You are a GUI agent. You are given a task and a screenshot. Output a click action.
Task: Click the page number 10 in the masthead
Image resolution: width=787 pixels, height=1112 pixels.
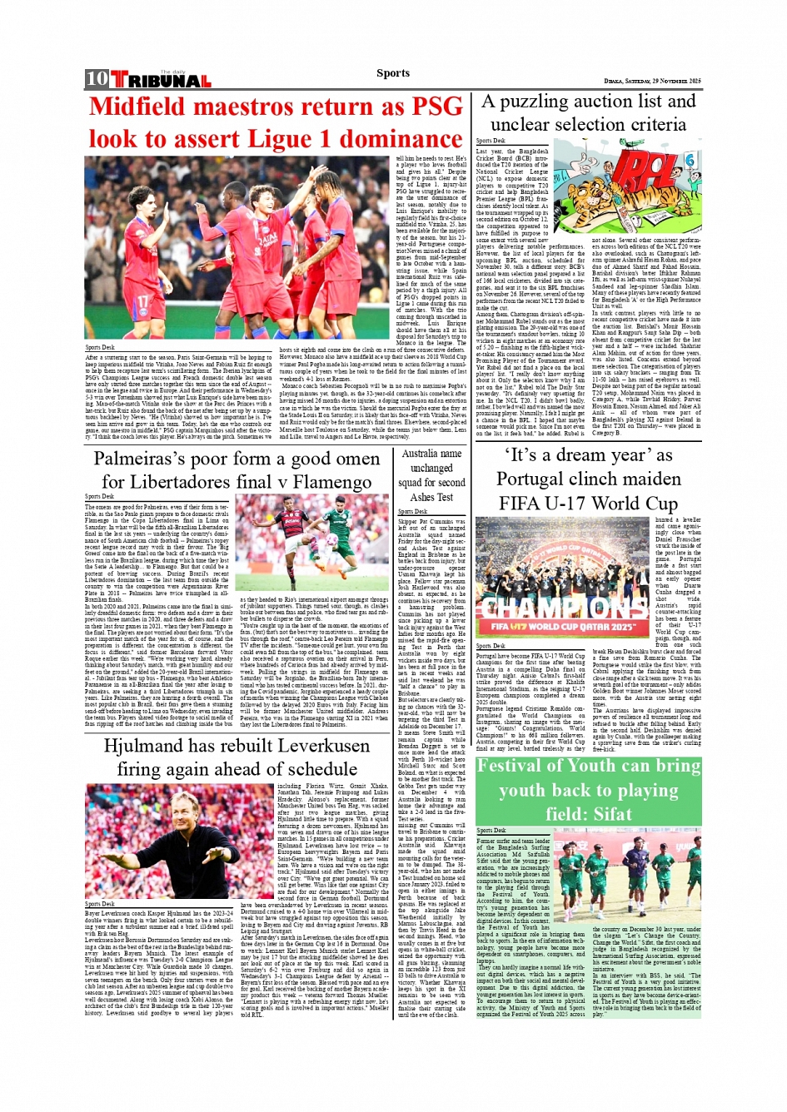(x=97, y=79)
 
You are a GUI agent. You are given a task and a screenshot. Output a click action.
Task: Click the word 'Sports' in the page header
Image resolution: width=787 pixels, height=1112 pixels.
(x=392, y=73)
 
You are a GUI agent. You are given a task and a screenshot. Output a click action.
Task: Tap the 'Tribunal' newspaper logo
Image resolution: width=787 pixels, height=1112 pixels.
(x=161, y=81)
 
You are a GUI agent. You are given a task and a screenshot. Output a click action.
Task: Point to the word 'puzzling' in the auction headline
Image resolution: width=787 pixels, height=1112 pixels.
(x=548, y=102)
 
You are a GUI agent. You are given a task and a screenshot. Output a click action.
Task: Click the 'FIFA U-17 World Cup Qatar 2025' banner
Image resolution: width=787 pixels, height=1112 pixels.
(x=563, y=626)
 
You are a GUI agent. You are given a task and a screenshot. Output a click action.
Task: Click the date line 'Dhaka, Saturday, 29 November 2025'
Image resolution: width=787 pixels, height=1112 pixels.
(x=652, y=81)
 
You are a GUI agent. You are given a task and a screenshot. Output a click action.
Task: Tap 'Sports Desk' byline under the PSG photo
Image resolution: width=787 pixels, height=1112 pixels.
(x=100, y=347)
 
